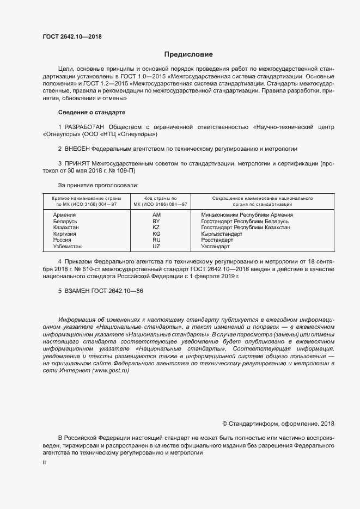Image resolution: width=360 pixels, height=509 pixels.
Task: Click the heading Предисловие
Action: tap(188, 54)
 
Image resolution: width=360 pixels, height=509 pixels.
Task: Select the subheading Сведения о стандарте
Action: tap(91, 112)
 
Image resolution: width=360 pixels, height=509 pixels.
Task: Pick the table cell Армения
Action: tap(64, 216)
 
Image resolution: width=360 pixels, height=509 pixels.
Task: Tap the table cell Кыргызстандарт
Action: tap(222, 234)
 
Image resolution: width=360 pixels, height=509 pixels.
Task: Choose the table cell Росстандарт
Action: tap(217, 240)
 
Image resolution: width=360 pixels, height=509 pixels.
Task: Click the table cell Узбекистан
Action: tap(68, 247)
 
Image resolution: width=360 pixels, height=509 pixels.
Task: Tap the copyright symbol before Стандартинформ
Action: tap(225, 424)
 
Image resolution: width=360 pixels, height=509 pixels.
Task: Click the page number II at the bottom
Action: tap(44, 463)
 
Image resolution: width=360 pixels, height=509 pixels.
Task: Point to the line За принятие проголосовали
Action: tap(98, 185)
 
